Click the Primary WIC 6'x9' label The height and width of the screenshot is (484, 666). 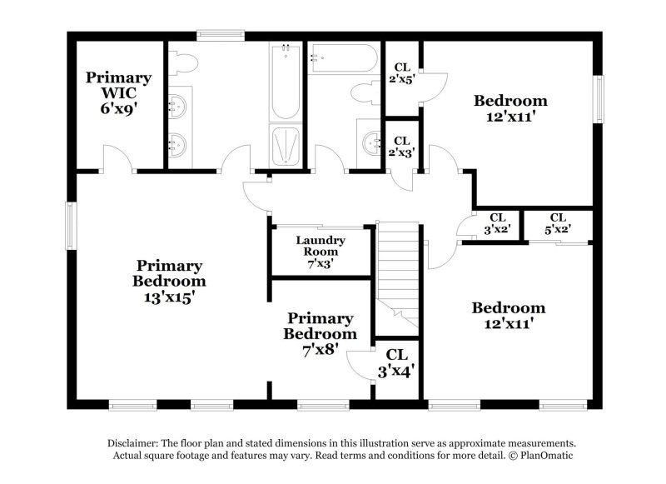click(x=118, y=92)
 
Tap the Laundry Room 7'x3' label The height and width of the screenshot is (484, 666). click(x=321, y=252)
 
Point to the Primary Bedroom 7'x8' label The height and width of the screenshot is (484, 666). click(x=320, y=333)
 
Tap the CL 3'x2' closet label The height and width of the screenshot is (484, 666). click(x=497, y=224)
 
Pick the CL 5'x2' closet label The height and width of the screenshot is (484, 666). click(x=558, y=224)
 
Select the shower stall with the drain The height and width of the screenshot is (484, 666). click(x=286, y=146)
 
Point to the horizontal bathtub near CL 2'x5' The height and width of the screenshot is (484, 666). click(x=343, y=57)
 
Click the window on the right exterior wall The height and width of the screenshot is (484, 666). click(x=597, y=99)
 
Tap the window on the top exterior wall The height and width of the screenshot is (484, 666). click(x=220, y=35)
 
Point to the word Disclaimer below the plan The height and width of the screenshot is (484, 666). click(x=134, y=443)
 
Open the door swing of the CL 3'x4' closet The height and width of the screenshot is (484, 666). click(x=360, y=365)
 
